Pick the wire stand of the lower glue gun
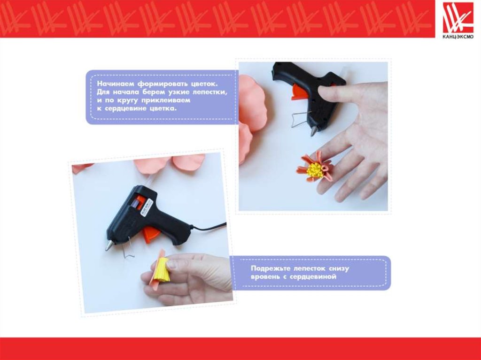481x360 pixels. (x=129, y=249)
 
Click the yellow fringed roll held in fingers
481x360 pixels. (x=161, y=270)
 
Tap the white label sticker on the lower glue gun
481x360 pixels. (x=147, y=207)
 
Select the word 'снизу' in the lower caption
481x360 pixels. (x=339, y=269)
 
